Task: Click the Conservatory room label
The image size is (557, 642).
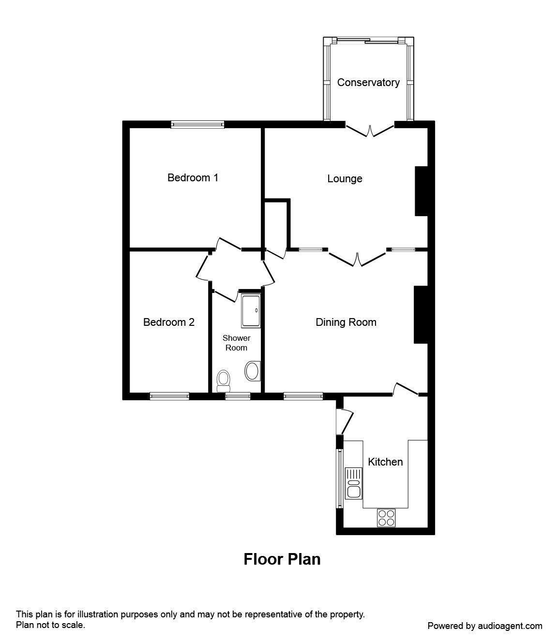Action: click(x=368, y=83)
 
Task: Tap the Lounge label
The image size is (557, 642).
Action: click(x=345, y=179)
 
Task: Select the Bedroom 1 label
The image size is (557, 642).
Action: click(x=193, y=178)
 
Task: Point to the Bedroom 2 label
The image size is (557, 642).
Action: click(x=169, y=322)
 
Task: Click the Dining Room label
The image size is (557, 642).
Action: click(x=346, y=322)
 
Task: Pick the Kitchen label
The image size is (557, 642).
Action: click(x=385, y=462)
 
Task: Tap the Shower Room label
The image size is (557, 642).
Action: click(x=236, y=343)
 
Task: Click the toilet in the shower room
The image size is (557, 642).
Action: click(x=223, y=380)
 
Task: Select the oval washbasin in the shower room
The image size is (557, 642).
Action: click(x=252, y=371)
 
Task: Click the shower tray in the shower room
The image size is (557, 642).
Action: click(x=251, y=310)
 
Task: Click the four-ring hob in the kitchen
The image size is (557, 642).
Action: click(x=386, y=518)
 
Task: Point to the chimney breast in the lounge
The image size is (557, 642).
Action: click(x=421, y=191)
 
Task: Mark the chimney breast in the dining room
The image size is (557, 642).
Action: click(x=420, y=315)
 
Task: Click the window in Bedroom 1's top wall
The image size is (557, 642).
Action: click(x=197, y=125)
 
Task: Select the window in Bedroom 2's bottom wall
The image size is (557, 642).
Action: click(x=169, y=396)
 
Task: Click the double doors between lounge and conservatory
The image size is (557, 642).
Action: click(x=370, y=131)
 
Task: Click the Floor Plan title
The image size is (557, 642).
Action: click(x=282, y=559)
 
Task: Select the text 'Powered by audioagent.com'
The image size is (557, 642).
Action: click(x=485, y=626)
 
